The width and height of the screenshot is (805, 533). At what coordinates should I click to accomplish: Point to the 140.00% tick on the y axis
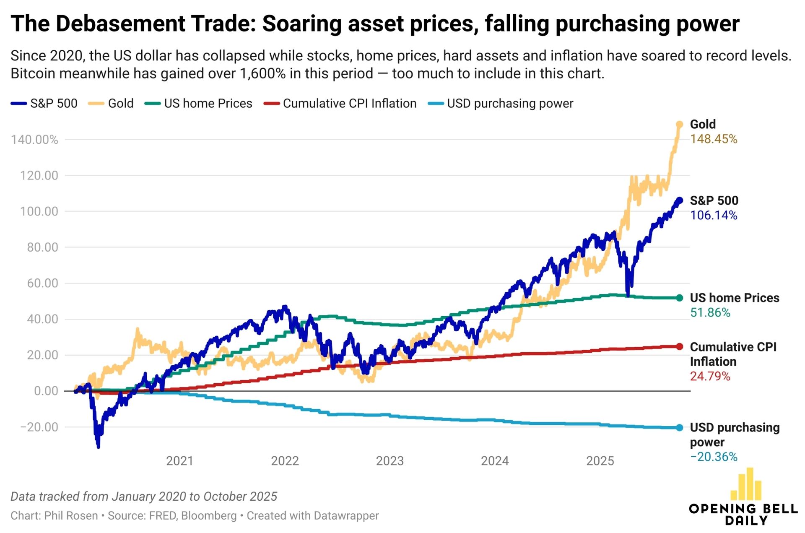pyautogui.click(x=35, y=140)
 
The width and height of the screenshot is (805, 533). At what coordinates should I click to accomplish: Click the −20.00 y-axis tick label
pyautogui.click(x=39, y=427)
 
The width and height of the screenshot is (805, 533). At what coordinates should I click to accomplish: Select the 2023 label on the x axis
pyautogui.click(x=390, y=461)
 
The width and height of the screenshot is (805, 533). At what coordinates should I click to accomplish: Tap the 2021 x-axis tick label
pyautogui.click(x=179, y=461)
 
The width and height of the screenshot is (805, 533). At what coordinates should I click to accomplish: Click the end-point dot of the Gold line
pyautogui.click(x=679, y=125)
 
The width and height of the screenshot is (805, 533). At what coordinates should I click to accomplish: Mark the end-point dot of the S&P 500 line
pyautogui.click(x=679, y=201)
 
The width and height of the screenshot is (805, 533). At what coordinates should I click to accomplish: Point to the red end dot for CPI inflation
pyautogui.click(x=679, y=346)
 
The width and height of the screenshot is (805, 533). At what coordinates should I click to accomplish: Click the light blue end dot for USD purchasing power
pyautogui.click(x=679, y=428)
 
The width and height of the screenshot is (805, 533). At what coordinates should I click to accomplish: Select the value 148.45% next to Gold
pyautogui.click(x=713, y=139)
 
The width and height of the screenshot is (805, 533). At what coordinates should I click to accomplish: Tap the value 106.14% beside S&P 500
pyautogui.click(x=713, y=216)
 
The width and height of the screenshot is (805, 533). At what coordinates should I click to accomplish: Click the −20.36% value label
pyautogui.click(x=713, y=457)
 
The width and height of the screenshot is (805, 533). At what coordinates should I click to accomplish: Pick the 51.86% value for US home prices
pyautogui.click(x=710, y=313)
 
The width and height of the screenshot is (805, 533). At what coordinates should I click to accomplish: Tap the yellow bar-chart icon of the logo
pyautogui.click(x=746, y=484)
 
